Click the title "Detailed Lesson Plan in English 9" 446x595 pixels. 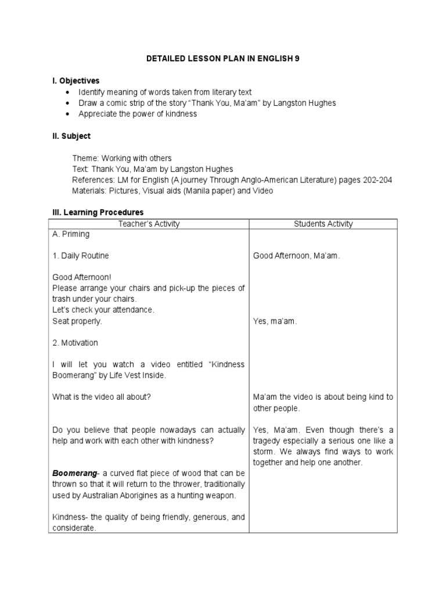pos(222,59)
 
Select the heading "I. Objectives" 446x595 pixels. pos(76,81)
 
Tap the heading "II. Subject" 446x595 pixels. pos(71,136)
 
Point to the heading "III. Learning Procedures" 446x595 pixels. pos(98,213)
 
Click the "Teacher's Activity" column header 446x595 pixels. pos(149,224)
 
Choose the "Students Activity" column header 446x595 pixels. pos(323,224)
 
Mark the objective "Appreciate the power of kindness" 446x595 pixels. pos(138,114)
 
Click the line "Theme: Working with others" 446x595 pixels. pos(122,158)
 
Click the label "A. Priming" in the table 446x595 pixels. pos(71,234)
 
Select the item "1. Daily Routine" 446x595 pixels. pos(81,256)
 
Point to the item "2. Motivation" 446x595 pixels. pos(75,343)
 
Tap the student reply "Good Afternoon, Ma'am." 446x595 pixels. pos(296,256)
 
